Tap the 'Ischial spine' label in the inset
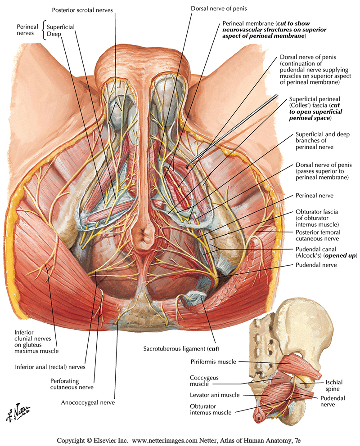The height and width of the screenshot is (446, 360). (333, 385)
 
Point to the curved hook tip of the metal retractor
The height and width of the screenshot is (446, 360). (188, 165)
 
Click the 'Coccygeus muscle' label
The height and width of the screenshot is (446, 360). (204, 381)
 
